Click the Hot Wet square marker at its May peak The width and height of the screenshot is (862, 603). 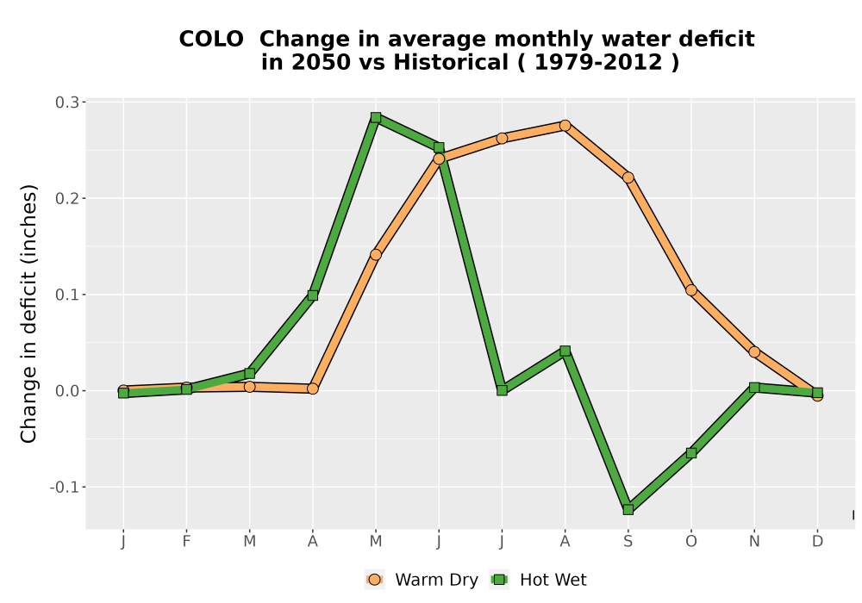376,117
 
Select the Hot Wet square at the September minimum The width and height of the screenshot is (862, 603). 628,510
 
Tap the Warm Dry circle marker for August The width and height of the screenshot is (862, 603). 565,126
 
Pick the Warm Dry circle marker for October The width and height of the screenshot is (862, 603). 691,290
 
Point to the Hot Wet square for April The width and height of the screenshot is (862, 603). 313,295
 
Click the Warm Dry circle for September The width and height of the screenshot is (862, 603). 628,177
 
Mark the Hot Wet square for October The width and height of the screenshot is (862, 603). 691,453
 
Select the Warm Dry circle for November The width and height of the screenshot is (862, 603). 754,352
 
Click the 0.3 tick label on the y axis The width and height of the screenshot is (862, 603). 66,103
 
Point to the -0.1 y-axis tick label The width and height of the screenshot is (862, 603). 64,488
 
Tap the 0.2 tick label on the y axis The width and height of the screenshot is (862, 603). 66,199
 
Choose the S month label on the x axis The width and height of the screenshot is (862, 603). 628,542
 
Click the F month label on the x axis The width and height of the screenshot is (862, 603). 186,542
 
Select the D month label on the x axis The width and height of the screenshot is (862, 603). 817,542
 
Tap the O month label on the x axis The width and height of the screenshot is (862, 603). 691,542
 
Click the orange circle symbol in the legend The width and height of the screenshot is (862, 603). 374,580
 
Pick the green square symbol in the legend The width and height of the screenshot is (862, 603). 499,580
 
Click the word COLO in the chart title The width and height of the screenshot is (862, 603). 211,40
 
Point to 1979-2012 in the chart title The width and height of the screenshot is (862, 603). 598,62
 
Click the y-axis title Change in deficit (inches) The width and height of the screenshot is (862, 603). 28,314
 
